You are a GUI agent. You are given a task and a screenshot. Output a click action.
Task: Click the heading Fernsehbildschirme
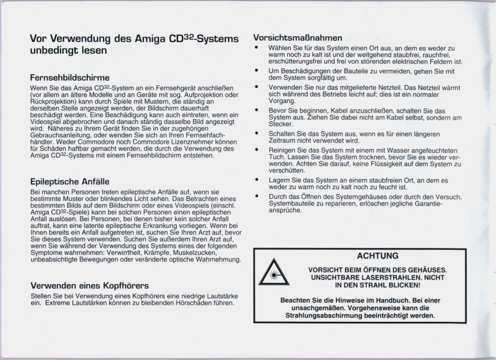click(70, 78)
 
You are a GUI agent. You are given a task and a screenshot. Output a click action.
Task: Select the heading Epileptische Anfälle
click(70, 181)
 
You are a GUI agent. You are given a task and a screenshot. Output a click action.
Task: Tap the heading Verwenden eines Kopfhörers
click(89, 286)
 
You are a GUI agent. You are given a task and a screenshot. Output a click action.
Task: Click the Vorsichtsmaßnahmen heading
click(298, 38)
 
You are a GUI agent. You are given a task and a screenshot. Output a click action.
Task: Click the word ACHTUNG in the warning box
click(378, 256)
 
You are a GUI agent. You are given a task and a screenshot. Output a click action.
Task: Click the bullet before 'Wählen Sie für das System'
click(257, 48)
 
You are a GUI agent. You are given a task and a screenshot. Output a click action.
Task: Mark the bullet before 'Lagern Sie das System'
click(257, 180)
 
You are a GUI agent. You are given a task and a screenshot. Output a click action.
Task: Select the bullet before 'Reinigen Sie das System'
click(257, 150)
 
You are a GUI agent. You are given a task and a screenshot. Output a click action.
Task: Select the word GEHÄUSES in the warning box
click(427, 270)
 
